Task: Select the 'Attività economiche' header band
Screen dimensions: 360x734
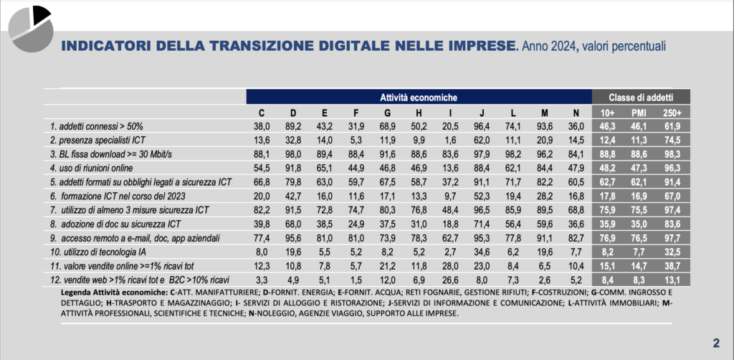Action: [x=418, y=97]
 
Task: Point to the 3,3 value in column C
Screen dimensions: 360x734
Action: [x=261, y=278]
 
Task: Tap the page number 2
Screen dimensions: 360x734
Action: [x=715, y=342]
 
